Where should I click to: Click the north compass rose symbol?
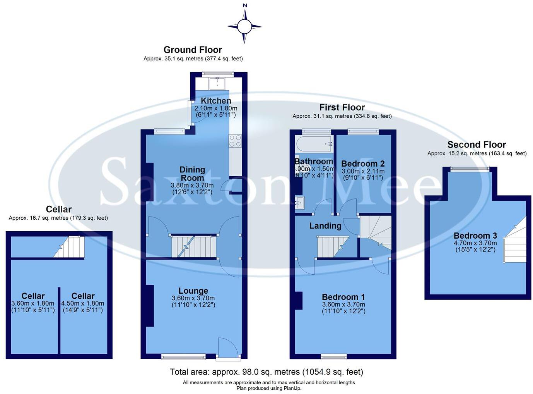(x=244, y=26)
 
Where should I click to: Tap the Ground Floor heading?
(x=193, y=50)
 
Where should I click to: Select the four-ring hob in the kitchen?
(x=235, y=141)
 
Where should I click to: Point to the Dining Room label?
(x=192, y=174)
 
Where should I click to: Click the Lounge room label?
(x=193, y=291)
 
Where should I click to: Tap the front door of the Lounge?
(x=228, y=348)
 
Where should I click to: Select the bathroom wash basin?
(x=300, y=203)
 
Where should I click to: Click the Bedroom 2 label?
(x=363, y=163)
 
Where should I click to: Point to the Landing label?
(x=325, y=226)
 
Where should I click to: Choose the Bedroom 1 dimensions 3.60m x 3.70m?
(x=343, y=305)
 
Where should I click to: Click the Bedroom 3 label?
(x=475, y=236)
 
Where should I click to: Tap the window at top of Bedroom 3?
(x=470, y=169)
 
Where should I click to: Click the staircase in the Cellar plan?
(x=70, y=247)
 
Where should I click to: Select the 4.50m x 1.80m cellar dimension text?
(x=83, y=303)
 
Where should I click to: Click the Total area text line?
(x=266, y=372)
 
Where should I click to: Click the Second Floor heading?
(x=477, y=145)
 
